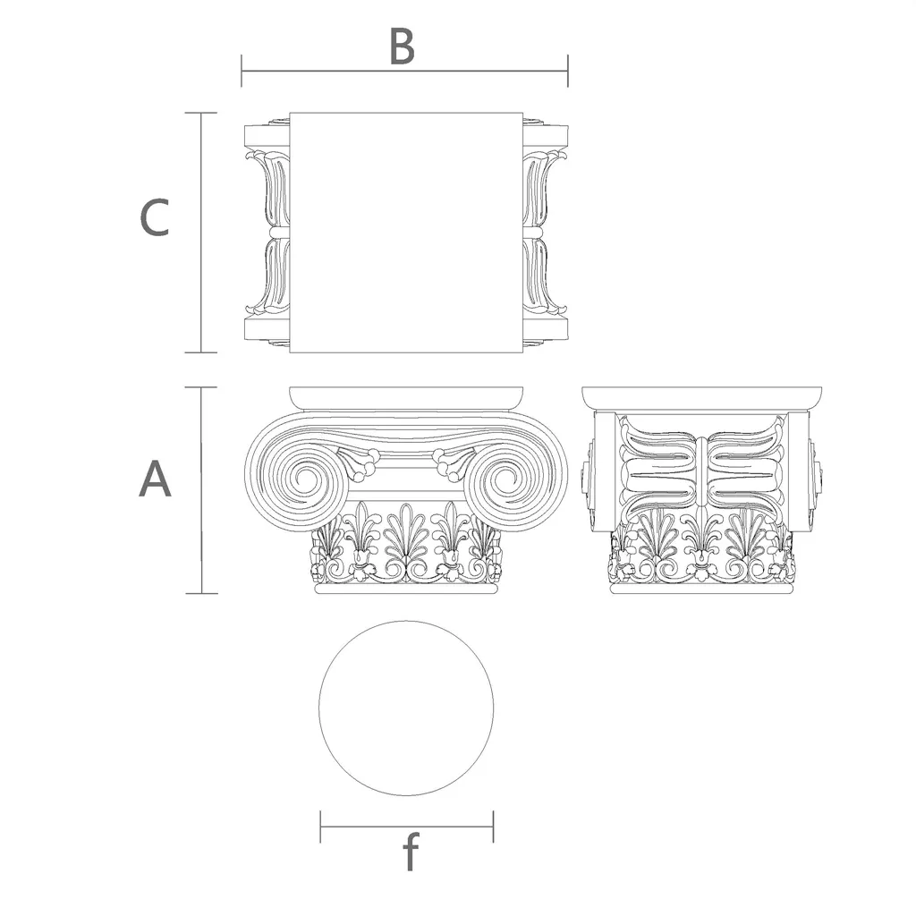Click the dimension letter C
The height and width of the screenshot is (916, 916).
[155, 217]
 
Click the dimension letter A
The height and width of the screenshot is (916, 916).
[155, 479]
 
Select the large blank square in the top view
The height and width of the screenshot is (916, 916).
[405, 233]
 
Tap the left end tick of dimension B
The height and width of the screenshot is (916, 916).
[242, 71]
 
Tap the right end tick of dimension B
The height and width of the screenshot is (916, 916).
[568, 71]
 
